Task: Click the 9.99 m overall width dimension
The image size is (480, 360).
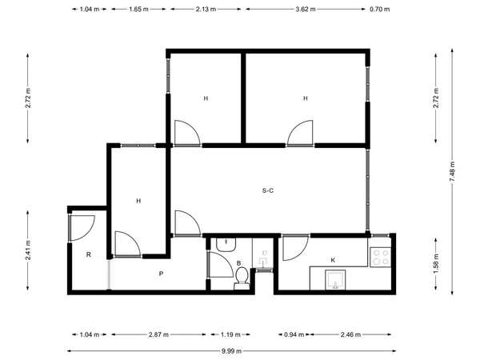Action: pos(231,351)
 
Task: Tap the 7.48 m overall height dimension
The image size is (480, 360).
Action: pos(452,171)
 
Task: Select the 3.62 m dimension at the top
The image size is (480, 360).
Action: pos(306,9)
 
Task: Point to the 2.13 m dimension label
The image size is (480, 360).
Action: pos(206,9)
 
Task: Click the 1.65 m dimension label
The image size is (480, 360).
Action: pos(138,9)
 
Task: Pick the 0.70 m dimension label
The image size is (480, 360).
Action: pos(379,9)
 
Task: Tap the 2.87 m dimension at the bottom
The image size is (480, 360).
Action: pos(158,334)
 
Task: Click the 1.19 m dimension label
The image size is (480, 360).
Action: pos(230,334)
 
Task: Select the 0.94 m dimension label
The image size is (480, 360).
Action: pos(294,334)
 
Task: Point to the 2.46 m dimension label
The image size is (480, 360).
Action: pos(350,334)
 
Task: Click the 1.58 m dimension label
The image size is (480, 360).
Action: pos(436,263)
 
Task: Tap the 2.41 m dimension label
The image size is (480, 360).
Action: pos(28,250)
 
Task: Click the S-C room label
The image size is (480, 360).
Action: pos(268,190)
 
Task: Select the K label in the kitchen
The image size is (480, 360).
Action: pos(333,260)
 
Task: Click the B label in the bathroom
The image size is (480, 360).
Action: pos(238,263)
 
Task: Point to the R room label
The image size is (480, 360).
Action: pos(89,254)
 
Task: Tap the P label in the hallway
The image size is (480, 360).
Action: pos(161,274)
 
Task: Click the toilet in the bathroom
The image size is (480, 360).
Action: pos(242,278)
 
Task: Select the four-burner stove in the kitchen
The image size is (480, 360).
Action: pos(381,257)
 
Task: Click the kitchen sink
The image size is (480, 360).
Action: pos(335,280)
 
